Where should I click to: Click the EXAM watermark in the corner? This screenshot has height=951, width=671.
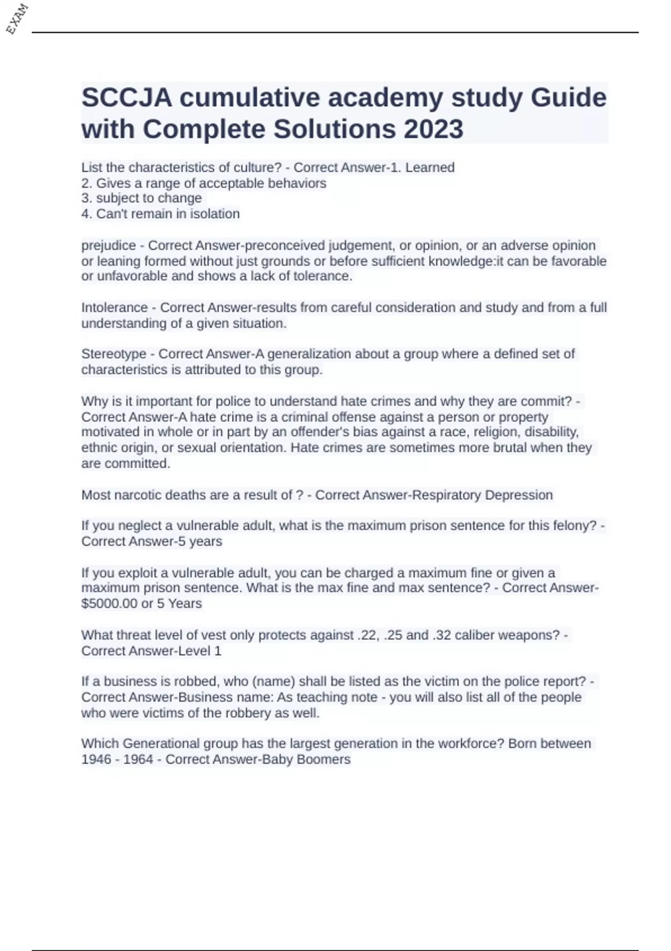17,18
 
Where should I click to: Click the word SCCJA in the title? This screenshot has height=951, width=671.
127,98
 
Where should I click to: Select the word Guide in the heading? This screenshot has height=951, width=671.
568,98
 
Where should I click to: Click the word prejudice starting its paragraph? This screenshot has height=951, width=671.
108,246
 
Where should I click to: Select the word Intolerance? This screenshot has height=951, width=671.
115,308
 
